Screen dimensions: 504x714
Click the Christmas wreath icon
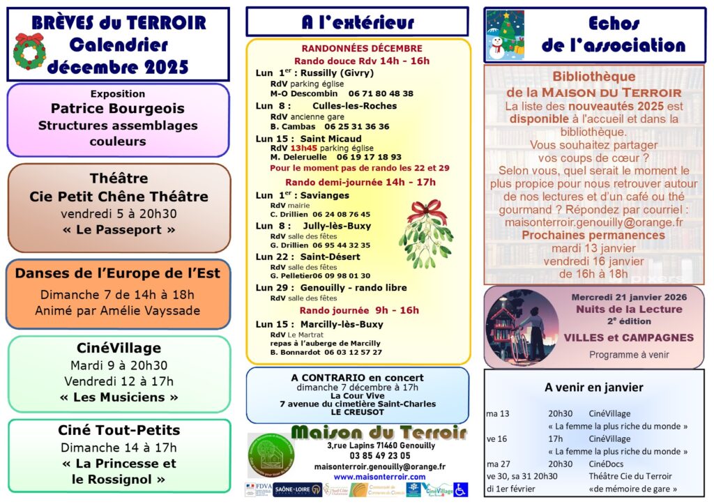tap(29, 51)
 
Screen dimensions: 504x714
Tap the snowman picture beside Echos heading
tap(505, 36)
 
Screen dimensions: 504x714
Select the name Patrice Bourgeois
tap(118, 109)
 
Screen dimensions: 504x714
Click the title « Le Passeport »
tap(119, 230)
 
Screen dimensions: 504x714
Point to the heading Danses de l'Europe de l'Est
tap(118, 273)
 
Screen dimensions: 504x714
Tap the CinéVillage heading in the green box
tap(119, 348)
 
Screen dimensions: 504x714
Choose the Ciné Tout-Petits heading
tap(119, 430)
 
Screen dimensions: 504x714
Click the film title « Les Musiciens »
tap(119, 397)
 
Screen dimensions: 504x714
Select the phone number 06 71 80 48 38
tap(381, 93)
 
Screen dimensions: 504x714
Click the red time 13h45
tap(303, 148)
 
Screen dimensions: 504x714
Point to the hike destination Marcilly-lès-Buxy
tap(342, 324)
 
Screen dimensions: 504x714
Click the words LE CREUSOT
tap(357, 413)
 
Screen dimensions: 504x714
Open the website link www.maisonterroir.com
tap(379, 478)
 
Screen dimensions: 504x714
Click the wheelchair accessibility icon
tap(460, 489)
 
